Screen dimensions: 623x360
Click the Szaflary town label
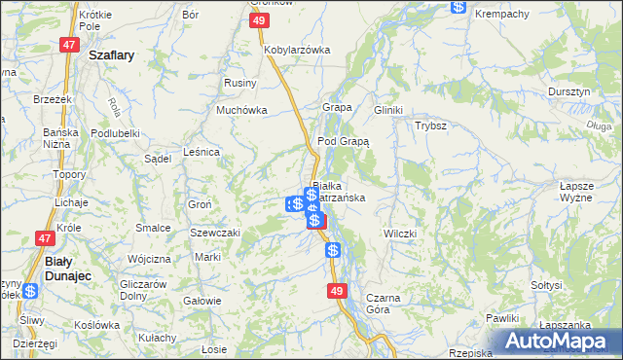tap(111, 55)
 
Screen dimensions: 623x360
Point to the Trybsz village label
tap(430, 126)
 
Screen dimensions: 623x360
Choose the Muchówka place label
tap(241, 110)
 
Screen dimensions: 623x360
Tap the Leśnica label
tap(202, 152)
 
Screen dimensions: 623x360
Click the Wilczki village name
tap(400, 234)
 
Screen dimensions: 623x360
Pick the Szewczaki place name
tap(215, 234)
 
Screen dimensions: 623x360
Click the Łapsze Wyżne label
tap(576, 191)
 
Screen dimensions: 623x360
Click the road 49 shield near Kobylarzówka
tap(258, 20)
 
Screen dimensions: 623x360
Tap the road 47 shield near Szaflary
tap(68, 45)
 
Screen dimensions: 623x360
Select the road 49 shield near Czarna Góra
tap(337, 291)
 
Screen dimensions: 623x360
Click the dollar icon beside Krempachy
tap(458, 6)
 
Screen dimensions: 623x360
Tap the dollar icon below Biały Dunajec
tap(30, 290)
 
